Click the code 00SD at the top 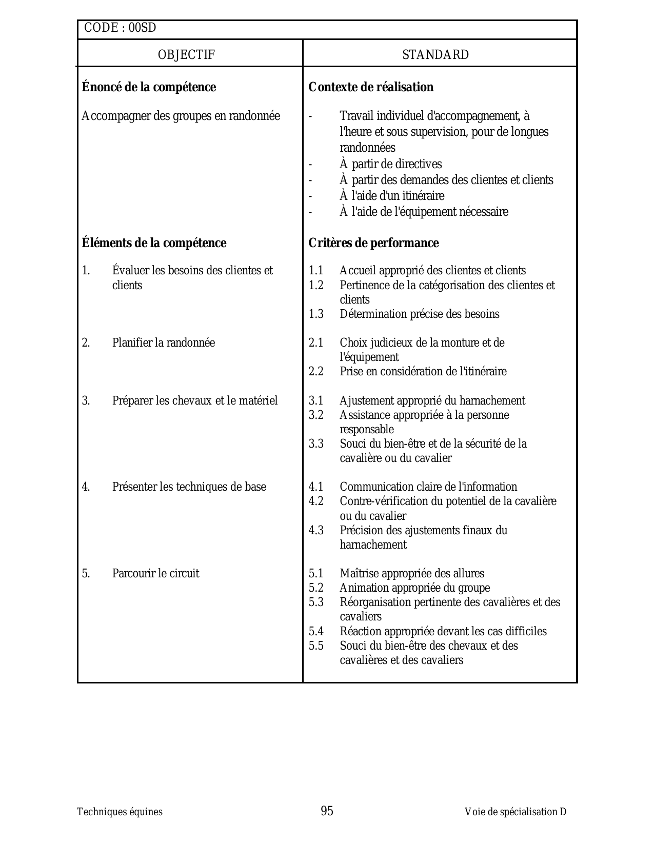142,28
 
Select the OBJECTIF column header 186,55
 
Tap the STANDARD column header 435,55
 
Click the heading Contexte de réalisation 371,87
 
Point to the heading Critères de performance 373,243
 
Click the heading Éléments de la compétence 154,243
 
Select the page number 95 327,811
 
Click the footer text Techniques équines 120,812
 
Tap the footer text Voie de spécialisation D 515,812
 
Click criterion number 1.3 316,314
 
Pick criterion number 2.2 316,372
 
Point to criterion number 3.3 316,444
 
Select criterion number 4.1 316,487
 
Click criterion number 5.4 316,632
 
